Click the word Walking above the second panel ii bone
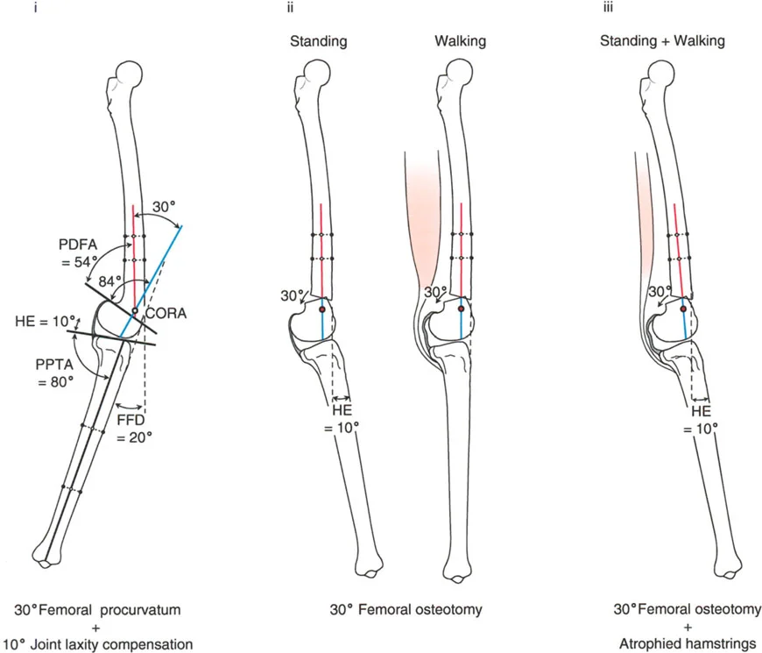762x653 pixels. (460, 41)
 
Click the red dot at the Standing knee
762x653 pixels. (322, 309)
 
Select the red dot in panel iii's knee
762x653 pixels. (683, 309)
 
